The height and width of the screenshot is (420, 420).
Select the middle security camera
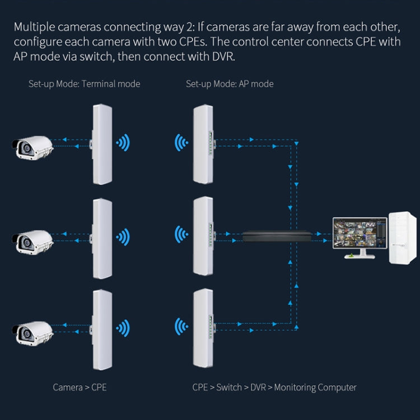[x=32, y=239]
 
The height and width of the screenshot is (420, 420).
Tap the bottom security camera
[x=32, y=331]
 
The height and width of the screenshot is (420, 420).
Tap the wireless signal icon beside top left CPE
[x=123, y=143]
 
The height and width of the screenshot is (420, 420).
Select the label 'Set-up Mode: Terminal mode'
[x=84, y=84]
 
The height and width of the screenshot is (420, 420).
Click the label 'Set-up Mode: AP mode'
[x=230, y=84]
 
